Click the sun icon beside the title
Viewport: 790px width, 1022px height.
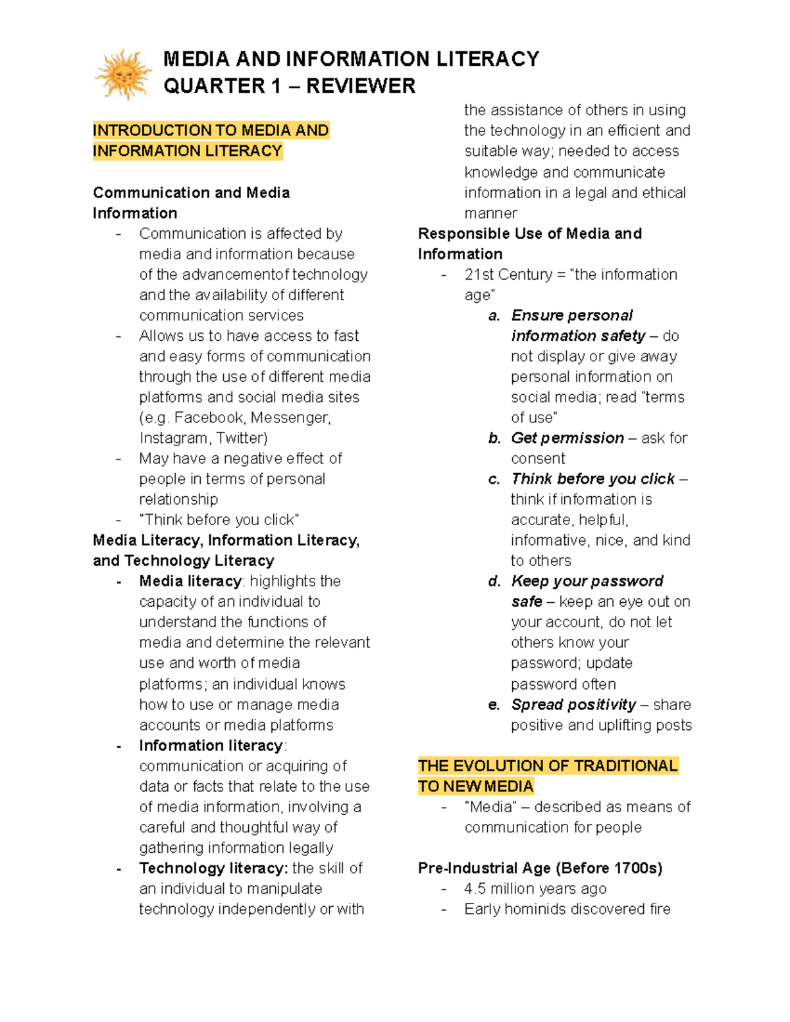pos(123,74)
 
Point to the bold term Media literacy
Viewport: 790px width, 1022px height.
pos(190,581)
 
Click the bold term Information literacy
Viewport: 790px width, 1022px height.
pos(211,746)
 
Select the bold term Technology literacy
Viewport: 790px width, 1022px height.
pos(213,868)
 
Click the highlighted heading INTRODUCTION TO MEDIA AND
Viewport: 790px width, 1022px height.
pos(211,130)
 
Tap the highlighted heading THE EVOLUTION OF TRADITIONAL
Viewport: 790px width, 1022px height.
pos(548,766)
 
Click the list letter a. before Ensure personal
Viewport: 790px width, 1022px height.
pos(494,316)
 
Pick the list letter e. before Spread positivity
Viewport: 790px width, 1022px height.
pos(494,705)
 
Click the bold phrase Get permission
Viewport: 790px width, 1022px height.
pos(567,438)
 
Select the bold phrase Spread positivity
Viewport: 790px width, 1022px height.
pos(573,705)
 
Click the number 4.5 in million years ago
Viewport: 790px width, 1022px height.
pos(475,888)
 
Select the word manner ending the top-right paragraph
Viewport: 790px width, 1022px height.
pos(490,213)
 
